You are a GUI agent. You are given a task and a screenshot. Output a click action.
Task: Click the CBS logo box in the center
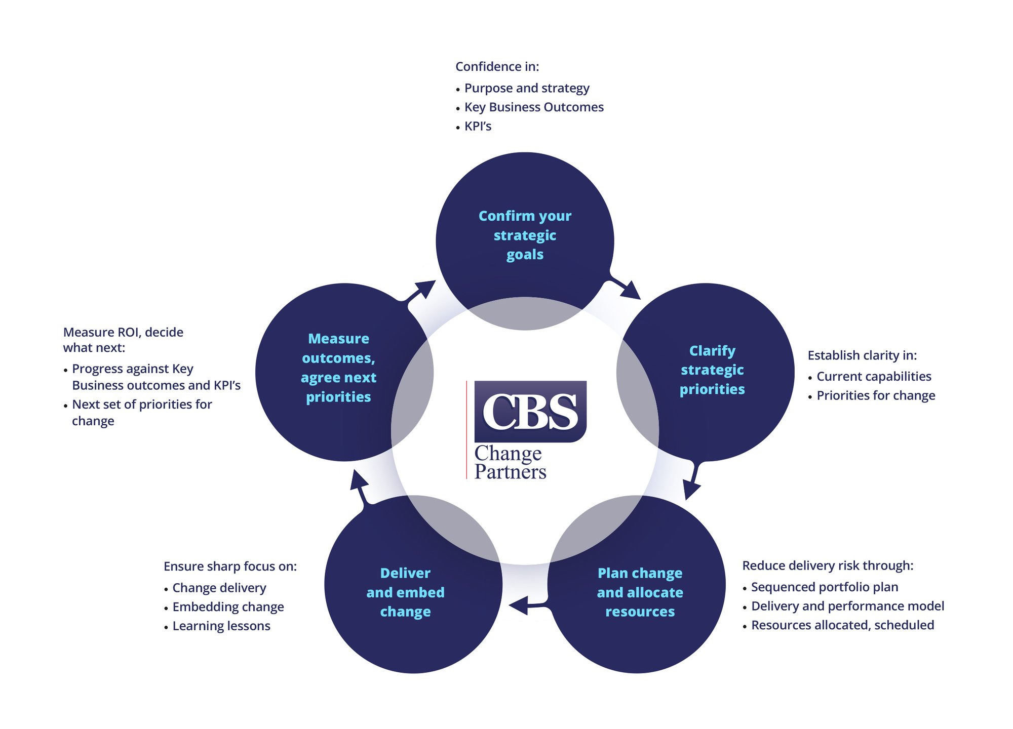530,411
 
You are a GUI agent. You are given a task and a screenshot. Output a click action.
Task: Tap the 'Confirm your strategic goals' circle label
525,235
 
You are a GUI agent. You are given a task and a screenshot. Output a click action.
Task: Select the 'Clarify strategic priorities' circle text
712,370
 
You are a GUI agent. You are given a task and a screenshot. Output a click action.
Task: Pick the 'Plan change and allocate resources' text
640,592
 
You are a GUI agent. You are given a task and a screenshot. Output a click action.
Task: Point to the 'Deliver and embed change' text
405,592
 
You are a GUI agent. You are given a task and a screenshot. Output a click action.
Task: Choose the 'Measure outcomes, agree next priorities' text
338,368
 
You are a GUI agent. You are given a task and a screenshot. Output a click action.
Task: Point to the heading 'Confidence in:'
497,67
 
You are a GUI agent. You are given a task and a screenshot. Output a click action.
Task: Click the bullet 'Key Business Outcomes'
534,107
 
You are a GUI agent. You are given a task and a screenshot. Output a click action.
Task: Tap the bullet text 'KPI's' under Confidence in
478,127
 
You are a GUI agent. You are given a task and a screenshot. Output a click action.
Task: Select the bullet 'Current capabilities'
874,377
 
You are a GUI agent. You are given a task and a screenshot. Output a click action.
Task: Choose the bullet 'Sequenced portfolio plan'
825,587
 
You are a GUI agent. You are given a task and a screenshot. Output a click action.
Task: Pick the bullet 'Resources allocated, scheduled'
842,625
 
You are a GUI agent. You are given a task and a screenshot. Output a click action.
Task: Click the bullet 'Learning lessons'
221,626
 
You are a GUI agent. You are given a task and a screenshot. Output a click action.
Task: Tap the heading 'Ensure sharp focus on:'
230,566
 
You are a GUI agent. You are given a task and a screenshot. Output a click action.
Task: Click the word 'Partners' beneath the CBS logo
510,472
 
